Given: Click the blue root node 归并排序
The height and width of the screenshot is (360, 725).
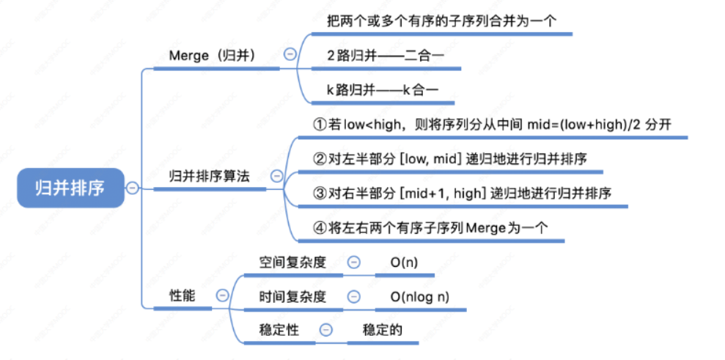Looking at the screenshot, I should pyautogui.click(x=70, y=188).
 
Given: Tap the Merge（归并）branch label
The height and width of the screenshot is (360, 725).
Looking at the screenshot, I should pyautogui.click(x=212, y=55).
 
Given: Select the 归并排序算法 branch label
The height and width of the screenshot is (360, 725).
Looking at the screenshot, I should pyautogui.click(x=209, y=176).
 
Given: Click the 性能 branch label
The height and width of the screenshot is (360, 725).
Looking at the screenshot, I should pyautogui.click(x=183, y=295).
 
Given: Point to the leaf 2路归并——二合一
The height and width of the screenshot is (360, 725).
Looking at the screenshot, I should pyautogui.click(x=385, y=55).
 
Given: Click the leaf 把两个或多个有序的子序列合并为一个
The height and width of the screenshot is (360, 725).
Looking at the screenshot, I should pyautogui.click(x=442, y=21).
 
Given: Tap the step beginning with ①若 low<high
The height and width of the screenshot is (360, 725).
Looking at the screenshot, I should pyautogui.click(x=492, y=124).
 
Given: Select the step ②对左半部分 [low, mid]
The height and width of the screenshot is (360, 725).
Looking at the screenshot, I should pyautogui.click(x=449, y=158).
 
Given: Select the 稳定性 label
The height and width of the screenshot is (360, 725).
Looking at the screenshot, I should pyautogui.click(x=279, y=330).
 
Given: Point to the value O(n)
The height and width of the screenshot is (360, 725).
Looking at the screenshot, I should pyautogui.click(x=404, y=262).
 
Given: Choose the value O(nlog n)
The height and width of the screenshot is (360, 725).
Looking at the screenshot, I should pyautogui.click(x=420, y=296).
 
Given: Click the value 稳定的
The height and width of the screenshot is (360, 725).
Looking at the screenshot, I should pyautogui.click(x=383, y=330).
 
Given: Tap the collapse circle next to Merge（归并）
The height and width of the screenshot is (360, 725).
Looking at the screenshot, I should pyautogui.click(x=290, y=54).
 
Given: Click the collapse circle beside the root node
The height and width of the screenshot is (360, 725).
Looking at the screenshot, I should pyautogui.click(x=132, y=188).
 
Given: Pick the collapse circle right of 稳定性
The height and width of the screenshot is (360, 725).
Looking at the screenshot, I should pyautogui.click(x=326, y=330).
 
